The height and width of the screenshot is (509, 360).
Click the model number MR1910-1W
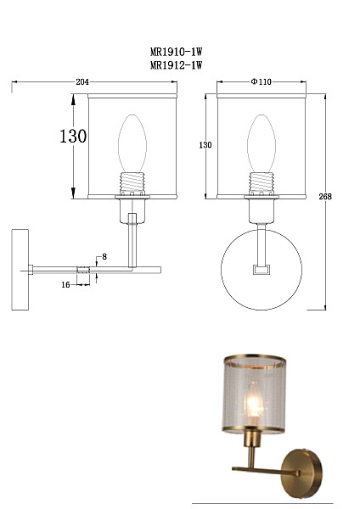pos(176,52)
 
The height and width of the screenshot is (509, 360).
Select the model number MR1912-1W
pos(176,65)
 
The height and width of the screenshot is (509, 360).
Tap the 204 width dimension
pos(82,81)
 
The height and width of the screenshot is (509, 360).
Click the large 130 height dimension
pos(73,136)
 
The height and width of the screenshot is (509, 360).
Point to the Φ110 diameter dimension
pos(261,81)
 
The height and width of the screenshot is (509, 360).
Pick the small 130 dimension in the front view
pos(205,145)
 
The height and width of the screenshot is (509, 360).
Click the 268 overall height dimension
pos(325,197)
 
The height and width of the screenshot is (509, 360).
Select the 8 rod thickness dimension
pos(104,257)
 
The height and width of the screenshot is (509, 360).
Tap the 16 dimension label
pos(65,285)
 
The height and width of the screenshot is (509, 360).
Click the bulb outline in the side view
pos(132,143)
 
